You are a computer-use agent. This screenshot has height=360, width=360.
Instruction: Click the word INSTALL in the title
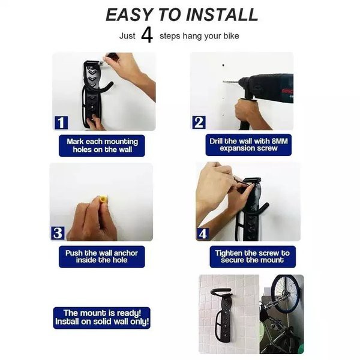coord(222,14)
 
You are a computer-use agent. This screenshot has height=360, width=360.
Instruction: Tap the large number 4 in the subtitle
coord(147,35)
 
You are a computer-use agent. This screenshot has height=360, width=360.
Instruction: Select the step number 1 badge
coord(61,122)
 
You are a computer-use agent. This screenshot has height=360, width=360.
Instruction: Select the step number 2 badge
coord(199,122)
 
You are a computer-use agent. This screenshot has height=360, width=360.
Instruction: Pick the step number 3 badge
coord(58,233)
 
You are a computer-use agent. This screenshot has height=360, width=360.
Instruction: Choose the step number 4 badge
coord(203,234)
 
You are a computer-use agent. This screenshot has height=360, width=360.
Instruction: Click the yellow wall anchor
coord(103,199)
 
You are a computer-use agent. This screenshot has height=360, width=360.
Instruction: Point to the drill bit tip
coord(224,81)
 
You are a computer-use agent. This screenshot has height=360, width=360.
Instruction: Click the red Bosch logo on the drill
coord(287,90)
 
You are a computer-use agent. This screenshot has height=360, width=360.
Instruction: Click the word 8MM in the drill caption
coord(280,141)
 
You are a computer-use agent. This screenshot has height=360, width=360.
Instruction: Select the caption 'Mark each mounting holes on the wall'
coord(102,146)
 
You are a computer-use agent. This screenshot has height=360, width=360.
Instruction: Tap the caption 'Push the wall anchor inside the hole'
coord(102,256)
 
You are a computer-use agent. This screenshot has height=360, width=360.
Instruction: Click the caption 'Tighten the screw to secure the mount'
coord(253,256)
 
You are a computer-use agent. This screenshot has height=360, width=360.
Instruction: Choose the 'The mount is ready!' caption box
coord(102,317)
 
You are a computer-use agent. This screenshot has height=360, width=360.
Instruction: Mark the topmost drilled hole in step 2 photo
coord(223,65)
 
